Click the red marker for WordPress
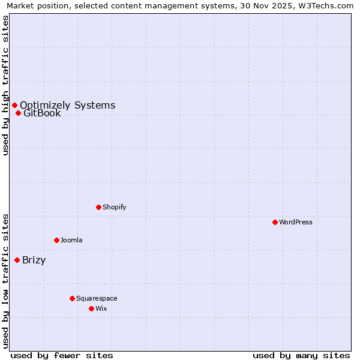(x=275, y=222)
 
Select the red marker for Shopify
(x=98, y=207)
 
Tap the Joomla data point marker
(x=56, y=240)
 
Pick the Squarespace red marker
(x=72, y=298)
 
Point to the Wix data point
(x=91, y=308)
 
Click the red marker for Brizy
(x=17, y=260)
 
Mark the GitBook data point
(x=18, y=113)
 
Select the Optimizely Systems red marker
(x=14, y=105)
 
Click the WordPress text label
(x=296, y=222)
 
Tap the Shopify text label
(x=115, y=207)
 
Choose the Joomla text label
(x=71, y=240)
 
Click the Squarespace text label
(x=97, y=298)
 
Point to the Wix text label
(x=101, y=308)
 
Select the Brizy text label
(x=34, y=260)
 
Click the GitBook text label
(x=42, y=113)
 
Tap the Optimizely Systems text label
(x=67, y=105)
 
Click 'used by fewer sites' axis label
(x=62, y=355)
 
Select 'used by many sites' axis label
(x=301, y=355)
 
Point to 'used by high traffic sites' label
(x=5, y=85)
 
